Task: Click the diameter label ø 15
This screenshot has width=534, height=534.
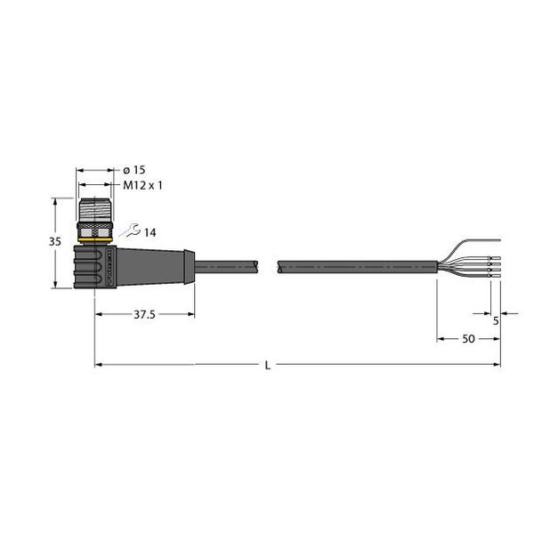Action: pos(133,170)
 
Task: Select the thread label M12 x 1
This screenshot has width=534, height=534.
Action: pos(142,186)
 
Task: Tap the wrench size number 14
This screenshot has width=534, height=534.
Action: pos(150,232)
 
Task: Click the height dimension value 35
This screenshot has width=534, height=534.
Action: pos(55,242)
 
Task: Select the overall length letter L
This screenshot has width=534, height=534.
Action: pos(268,365)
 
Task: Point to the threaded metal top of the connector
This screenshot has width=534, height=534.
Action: pos(94,208)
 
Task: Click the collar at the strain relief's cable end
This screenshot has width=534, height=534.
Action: pos(188,264)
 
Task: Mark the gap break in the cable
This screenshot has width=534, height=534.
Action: pos(269,264)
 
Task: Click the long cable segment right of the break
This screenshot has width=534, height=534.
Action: pos(356,264)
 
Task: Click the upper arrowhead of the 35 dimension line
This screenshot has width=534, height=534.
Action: pos(60,202)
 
